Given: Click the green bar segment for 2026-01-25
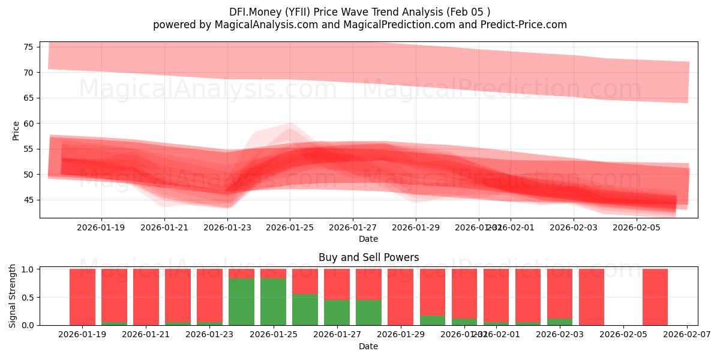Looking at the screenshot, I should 273,301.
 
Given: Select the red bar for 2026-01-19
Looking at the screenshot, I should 82,297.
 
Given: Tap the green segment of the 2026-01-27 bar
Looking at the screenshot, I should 337,312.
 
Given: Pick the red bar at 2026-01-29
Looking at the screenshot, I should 400,297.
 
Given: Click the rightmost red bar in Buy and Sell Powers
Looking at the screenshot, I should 655,297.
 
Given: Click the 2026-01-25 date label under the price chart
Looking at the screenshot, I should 290,228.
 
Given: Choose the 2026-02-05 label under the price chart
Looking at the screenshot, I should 636,228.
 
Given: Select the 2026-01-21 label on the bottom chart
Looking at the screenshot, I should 146,335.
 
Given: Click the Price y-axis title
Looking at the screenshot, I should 16,130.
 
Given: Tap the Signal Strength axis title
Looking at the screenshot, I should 13,296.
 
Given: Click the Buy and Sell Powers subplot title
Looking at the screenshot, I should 368,257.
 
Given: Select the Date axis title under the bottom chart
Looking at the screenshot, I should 368,346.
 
